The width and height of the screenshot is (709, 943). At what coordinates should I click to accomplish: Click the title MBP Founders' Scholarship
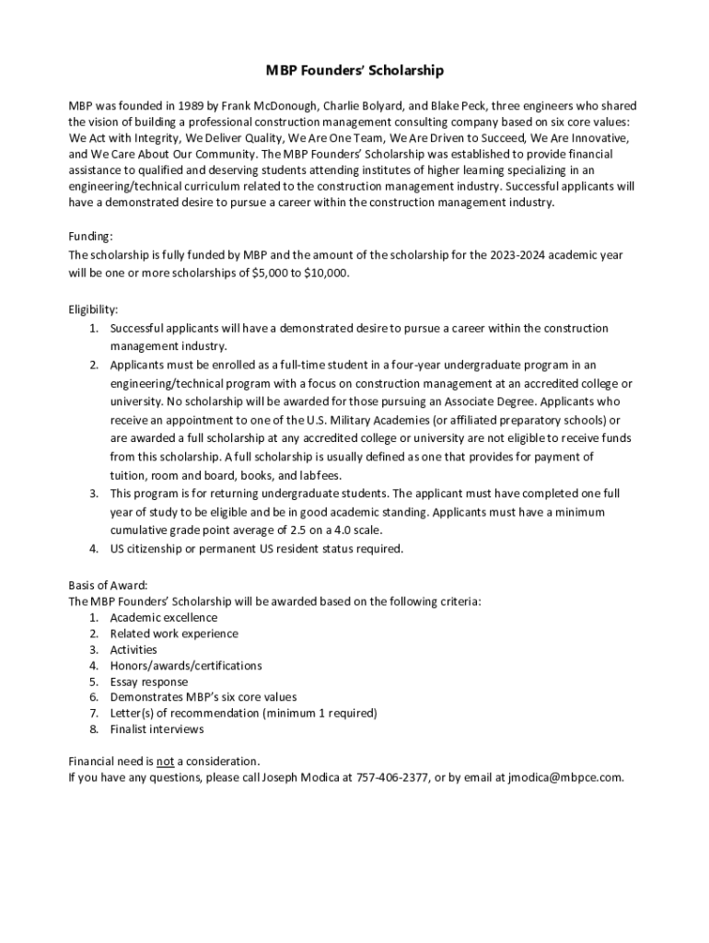[354, 70]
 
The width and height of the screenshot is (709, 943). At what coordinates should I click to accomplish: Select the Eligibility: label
[94, 310]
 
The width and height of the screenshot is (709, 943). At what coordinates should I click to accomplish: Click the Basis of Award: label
[108, 585]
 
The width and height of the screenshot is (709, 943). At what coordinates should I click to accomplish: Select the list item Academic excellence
[164, 617]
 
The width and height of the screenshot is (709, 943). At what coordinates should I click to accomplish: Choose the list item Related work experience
[174, 634]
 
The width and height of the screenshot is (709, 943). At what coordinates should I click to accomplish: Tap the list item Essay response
[149, 681]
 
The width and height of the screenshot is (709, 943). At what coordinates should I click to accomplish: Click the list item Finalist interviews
[157, 729]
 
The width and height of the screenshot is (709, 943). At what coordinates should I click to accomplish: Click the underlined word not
[165, 762]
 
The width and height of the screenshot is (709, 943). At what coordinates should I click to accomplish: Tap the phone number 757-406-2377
[392, 777]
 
